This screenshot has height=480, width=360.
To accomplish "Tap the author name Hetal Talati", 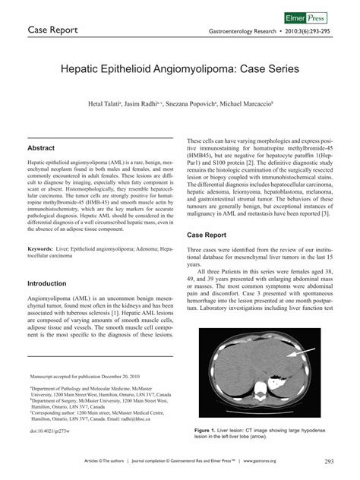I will click(x=111, y=103).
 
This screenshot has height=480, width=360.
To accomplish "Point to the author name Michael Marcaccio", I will click(x=248, y=103).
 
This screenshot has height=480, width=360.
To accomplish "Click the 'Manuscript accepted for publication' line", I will click(x=84, y=376).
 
